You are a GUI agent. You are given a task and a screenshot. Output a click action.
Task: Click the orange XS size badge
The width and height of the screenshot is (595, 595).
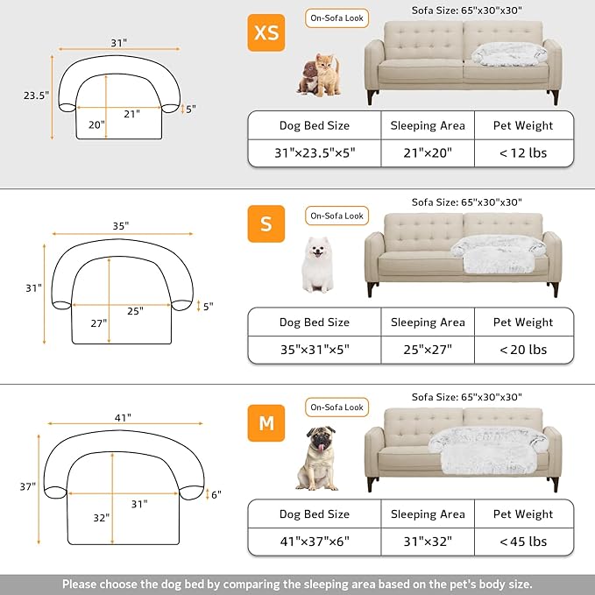click(x=266, y=33)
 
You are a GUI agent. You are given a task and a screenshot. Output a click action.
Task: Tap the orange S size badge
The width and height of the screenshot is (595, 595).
click(x=266, y=223)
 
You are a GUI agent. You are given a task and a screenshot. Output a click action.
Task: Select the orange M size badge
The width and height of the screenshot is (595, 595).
click(x=266, y=423)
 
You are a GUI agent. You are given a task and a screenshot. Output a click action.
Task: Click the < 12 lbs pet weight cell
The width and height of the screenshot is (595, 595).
click(x=523, y=152)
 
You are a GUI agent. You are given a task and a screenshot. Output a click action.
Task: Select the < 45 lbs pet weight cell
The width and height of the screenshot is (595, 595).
click(x=523, y=542)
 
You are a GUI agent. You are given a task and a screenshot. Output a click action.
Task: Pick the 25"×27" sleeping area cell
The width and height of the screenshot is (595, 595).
click(x=428, y=350)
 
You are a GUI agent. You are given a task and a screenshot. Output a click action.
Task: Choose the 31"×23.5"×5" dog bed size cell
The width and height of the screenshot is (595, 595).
click(x=314, y=152)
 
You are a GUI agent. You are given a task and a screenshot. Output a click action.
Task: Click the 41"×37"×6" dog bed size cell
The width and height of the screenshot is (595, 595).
click(x=314, y=542)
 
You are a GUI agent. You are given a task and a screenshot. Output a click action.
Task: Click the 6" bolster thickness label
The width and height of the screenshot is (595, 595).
click(x=216, y=494)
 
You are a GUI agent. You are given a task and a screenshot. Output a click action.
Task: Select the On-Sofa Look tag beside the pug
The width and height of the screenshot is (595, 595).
click(x=336, y=407)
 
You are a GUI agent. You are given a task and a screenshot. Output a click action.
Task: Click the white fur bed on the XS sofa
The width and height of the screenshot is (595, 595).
click(x=506, y=54)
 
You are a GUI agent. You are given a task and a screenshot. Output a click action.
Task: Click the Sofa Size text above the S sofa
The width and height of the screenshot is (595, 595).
click(x=465, y=202)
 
